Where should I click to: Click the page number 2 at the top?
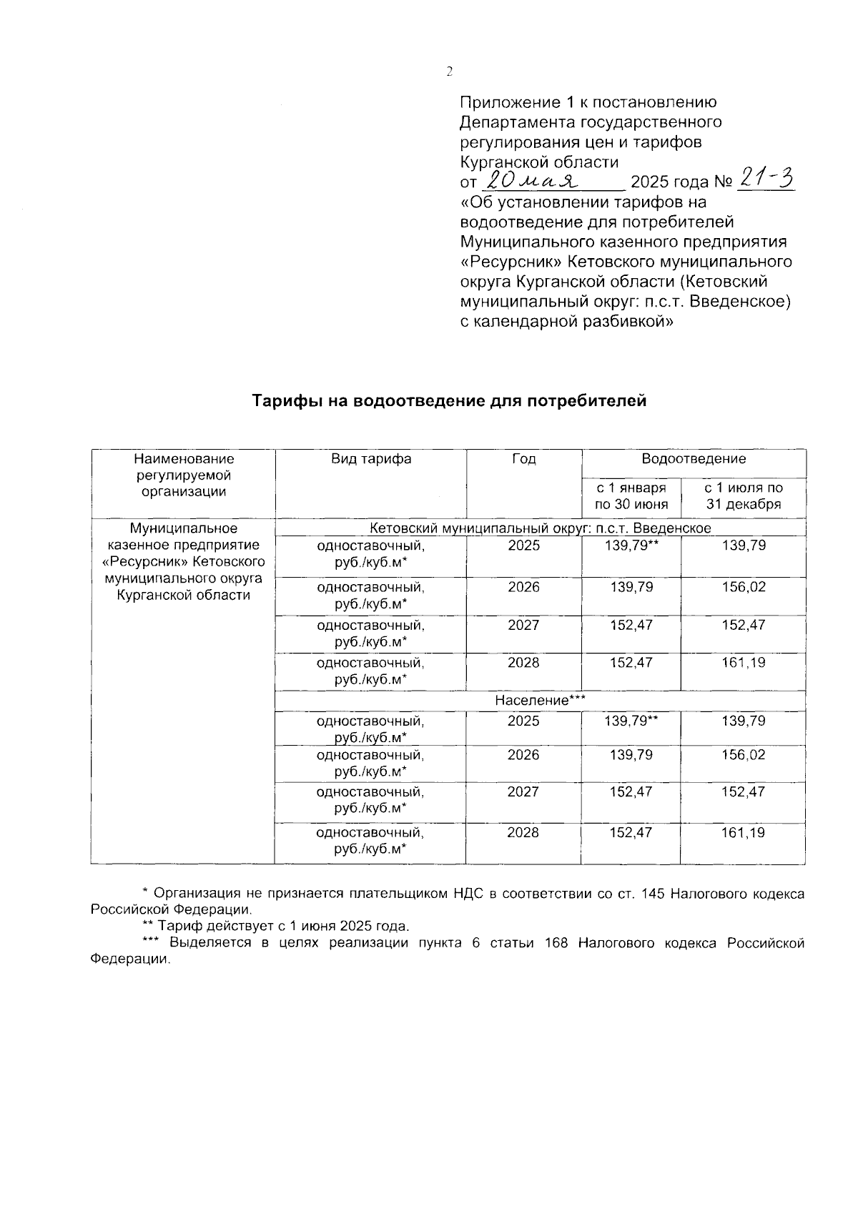[x=449, y=71]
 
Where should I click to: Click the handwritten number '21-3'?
[x=764, y=179]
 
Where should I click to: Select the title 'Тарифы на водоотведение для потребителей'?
[x=449, y=401]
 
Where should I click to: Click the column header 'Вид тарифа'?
[x=370, y=459]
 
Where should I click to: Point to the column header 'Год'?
[x=523, y=459]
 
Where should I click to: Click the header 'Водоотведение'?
[x=693, y=459]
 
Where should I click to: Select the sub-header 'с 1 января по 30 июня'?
[x=631, y=496]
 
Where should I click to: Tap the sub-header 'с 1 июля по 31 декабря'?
[x=743, y=496]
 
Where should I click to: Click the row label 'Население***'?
[x=540, y=701]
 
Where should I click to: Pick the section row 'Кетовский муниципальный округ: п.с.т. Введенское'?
[x=540, y=528]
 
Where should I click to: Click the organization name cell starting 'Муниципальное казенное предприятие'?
[x=183, y=562]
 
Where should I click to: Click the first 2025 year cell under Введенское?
[x=523, y=546]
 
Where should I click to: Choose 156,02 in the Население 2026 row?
[x=743, y=755]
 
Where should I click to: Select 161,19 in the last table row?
[x=743, y=833]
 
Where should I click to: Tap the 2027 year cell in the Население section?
[x=523, y=792]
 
